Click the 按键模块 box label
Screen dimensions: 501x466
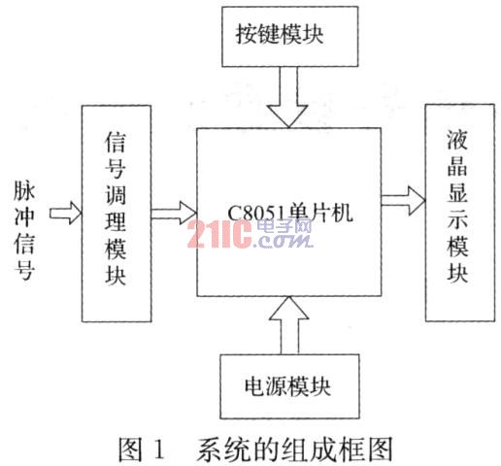(280, 34)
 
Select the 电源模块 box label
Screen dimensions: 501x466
(287, 385)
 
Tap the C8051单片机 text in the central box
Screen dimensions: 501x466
(290, 213)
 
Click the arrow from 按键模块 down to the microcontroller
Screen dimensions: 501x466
(288, 97)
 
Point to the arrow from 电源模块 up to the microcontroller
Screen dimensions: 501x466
(289, 325)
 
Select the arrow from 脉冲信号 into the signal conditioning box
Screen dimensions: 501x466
(65, 213)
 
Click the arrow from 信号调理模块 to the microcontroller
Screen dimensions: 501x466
(174, 213)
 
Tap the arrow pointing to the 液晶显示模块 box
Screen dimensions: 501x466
(403, 201)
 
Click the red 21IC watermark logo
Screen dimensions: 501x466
(219, 234)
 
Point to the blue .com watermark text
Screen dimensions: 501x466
(283, 241)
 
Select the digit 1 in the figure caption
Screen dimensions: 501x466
(159, 449)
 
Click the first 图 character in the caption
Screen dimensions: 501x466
(130, 449)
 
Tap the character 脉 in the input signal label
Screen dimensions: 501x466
(24, 190)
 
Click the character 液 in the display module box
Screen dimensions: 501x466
(457, 140)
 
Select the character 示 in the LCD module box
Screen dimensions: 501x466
(457, 220)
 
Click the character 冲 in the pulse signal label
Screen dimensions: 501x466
(24, 216)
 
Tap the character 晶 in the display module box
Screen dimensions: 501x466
(457, 168)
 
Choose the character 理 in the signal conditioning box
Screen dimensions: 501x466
(116, 221)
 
